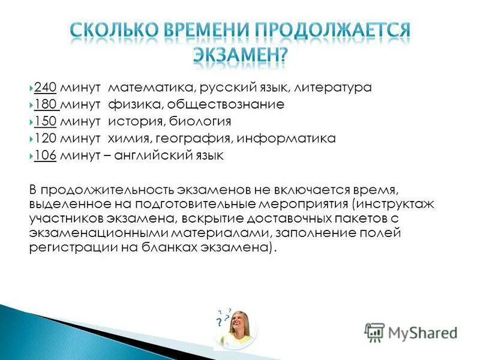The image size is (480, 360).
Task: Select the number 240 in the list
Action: (x=45, y=88)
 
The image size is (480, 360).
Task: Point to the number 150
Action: (x=45, y=122)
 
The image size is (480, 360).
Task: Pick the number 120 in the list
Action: (x=45, y=139)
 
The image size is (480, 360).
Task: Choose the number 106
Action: (x=45, y=156)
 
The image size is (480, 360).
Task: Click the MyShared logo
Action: (x=410, y=332)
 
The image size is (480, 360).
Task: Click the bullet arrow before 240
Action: (x=31, y=88)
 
